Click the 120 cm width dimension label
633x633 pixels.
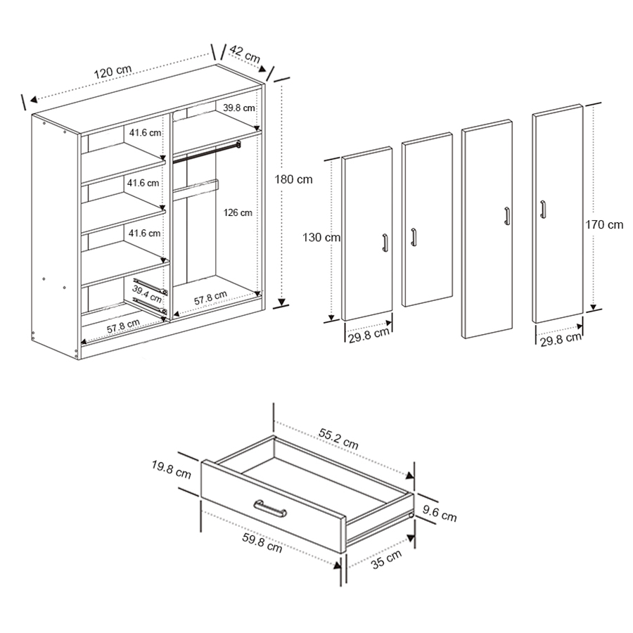[x=113, y=72]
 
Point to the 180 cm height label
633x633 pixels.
[x=293, y=179]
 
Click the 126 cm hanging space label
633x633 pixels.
[x=237, y=212]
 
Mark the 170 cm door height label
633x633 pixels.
[x=604, y=225]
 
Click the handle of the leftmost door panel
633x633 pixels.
[x=385, y=242]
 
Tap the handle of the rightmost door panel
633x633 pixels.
[x=542, y=210]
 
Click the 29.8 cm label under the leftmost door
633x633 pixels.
[x=369, y=333]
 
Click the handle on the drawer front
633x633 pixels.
[x=269, y=508]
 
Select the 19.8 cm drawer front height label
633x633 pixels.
[x=171, y=469]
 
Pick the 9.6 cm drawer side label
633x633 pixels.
[x=440, y=515]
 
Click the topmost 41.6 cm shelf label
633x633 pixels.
[x=144, y=132]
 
